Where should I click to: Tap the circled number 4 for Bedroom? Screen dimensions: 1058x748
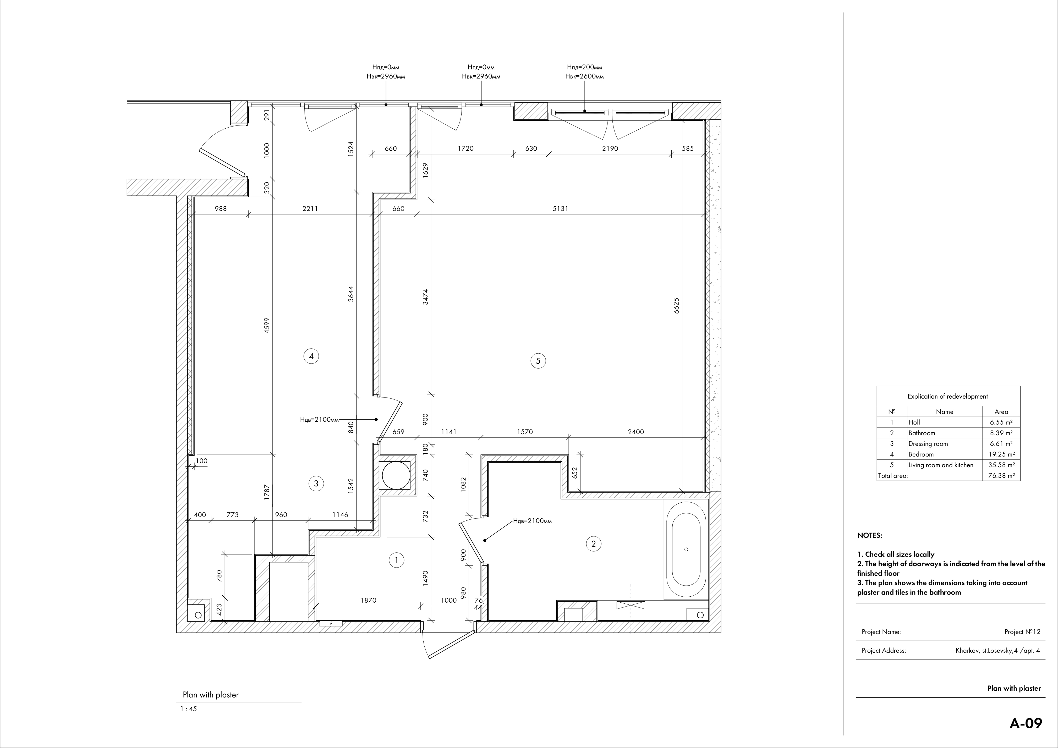point(312,356)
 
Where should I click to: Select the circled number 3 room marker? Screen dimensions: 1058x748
point(316,484)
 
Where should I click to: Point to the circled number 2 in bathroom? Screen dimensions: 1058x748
point(594,544)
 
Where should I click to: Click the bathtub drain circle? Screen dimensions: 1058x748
point(687,549)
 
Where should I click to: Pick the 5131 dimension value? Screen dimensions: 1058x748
point(560,209)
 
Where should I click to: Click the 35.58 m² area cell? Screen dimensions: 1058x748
point(1001,465)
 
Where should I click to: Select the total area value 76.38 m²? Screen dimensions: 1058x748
point(1001,476)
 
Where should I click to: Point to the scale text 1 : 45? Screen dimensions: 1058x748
point(189,709)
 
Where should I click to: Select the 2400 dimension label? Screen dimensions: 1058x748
point(636,432)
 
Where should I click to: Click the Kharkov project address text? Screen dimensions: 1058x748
point(997,651)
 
